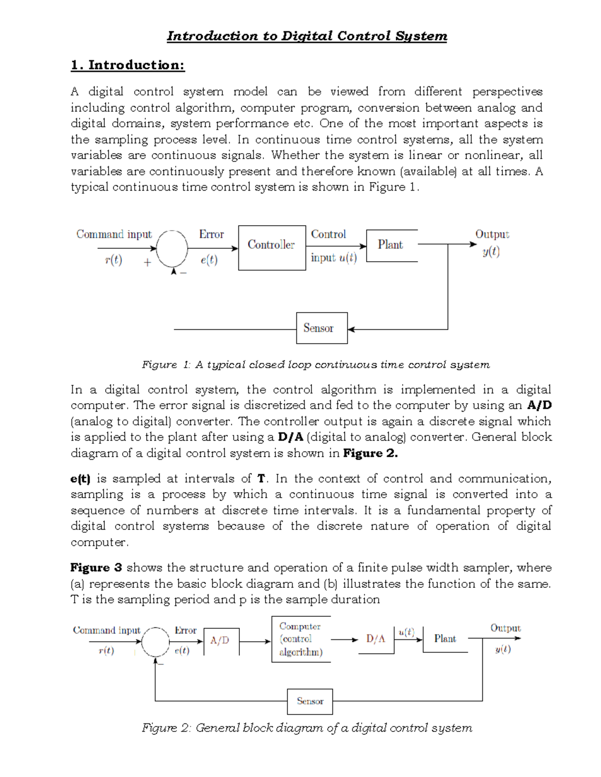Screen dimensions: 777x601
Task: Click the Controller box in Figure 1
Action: (271, 247)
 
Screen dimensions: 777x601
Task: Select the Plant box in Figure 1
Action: (391, 245)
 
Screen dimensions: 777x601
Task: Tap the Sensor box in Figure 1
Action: (322, 328)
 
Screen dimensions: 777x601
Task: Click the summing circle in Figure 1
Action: (172, 248)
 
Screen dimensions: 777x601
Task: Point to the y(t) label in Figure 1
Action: (491, 252)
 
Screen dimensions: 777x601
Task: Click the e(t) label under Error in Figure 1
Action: (209, 260)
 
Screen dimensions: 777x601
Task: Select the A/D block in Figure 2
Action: (221, 641)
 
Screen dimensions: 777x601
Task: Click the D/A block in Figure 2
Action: (376, 639)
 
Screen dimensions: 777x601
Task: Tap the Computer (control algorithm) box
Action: (300, 639)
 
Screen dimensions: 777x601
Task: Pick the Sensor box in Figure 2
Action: (310, 701)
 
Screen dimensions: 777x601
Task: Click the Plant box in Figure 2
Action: (445, 639)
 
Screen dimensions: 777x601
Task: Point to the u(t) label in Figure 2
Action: (406, 632)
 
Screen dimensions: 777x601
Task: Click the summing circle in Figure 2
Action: (156, 642)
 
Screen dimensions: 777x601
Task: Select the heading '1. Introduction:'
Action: (128, 65)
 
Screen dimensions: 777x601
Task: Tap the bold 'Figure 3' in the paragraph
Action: (96, 568)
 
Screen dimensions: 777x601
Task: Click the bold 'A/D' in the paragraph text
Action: (539, 405)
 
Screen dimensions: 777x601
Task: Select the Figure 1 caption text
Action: (316, 365)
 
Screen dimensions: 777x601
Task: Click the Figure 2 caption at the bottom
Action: (307, 728)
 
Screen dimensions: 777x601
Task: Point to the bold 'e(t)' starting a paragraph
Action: (80, 479)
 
